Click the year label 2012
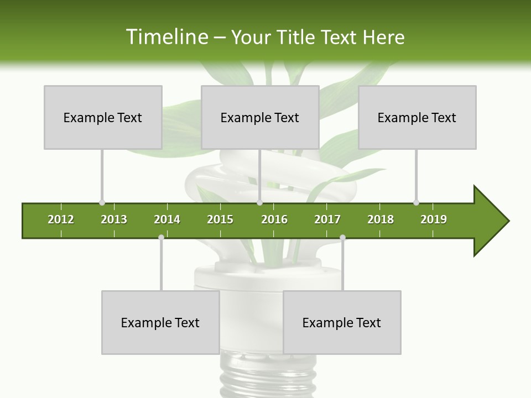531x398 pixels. [x=61, y=219]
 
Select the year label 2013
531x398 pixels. [x=114, y=219]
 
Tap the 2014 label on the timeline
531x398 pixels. [x=167, y=219]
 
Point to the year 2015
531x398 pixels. [x=220, y=219]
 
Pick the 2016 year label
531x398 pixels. [x=274, y=219]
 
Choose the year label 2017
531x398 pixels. [x=327, y=219]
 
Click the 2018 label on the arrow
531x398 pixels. [x=381, y=219]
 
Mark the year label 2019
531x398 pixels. [x=434, y=219]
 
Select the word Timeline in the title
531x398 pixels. [x=166, y=37]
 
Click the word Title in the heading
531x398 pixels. [x=296, y=37]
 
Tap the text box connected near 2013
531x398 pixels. [x=103, y=117]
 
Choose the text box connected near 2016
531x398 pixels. [x=260, y=117]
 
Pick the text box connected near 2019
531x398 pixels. [x=417, y=117]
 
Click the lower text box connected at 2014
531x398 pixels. [x=160, y=322]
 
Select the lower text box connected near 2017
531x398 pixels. [x=342, y=322]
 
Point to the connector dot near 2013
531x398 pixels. [x=102, y=203]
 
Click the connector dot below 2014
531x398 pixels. [x=161, y=237]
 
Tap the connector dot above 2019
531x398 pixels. [x=416, y=203]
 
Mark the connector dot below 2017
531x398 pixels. [x=342, y=237]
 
